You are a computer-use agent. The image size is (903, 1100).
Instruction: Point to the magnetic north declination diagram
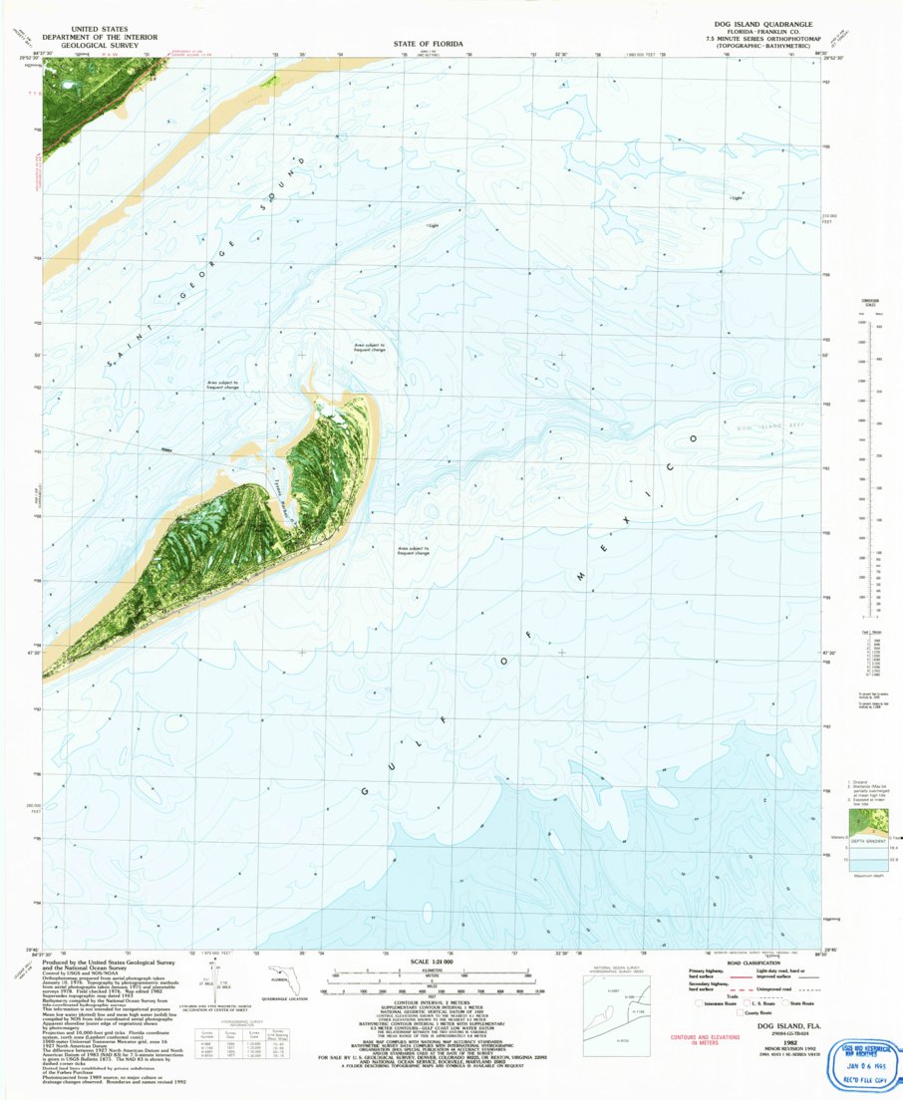pyautogui.click(x=210, y=986)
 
